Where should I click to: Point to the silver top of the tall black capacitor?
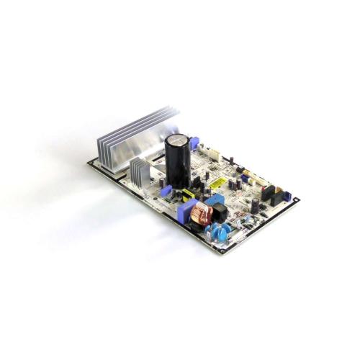(177, 135)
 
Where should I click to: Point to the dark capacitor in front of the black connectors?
(256, 205)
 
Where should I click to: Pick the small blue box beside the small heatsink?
(164, 190)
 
